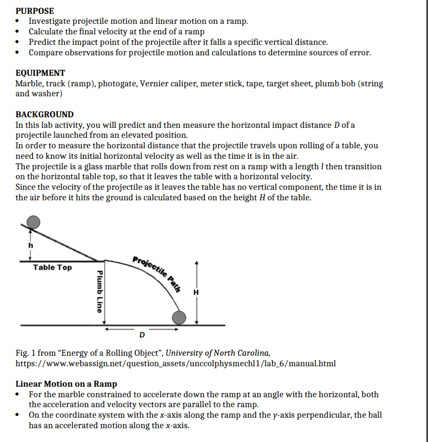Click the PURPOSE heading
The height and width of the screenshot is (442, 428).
point(35,11)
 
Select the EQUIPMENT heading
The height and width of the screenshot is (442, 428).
point(40,73)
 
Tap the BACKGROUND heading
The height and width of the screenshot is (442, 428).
point(44,115)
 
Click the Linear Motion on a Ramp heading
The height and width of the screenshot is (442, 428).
point(66,383)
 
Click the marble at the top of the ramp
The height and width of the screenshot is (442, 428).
point(34,222)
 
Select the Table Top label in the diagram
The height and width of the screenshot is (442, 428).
point(52,268)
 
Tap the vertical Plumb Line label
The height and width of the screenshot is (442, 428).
point(99,291)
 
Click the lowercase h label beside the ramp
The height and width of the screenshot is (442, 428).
point(31,245)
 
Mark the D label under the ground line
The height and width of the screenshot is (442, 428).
point(142,335)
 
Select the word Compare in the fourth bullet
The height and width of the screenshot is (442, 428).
point(47,53)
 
